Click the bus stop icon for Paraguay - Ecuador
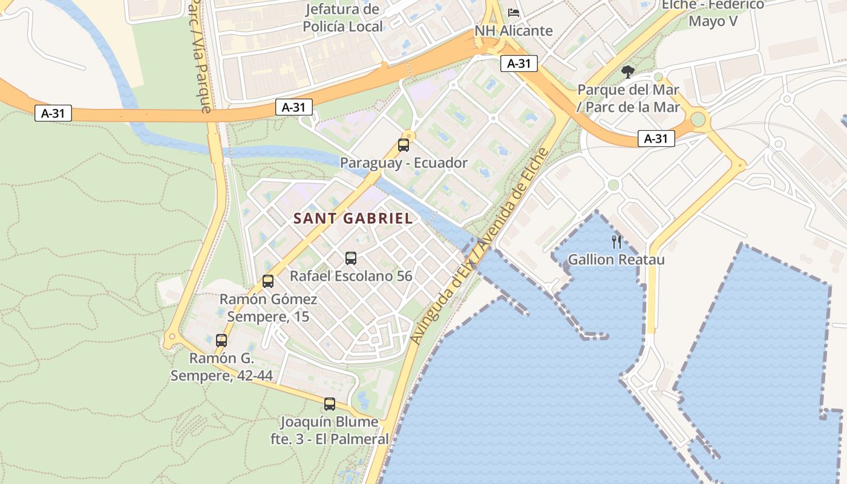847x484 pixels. (x=404, y=145)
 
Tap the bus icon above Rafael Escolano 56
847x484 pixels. (x=351, y=258)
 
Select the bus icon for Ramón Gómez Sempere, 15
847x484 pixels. (x=268, y=281)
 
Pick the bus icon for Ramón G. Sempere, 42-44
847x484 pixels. (x=221, y=341)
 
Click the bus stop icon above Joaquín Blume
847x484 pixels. (x=330, y=404)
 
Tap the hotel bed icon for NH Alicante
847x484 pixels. (x=514, y=13)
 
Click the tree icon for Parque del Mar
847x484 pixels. (x=628, y=72)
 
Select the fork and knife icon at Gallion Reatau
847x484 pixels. (x=616, y=242)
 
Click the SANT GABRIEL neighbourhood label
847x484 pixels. (x=353, y=219)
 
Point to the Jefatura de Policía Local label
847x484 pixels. (x=343, y=18)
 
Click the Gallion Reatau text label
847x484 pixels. (x=616, y=260)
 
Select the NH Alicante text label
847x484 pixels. (x=514, y=31)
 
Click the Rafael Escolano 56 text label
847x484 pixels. (x=351, y=276)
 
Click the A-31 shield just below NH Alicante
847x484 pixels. (x=519, y=64)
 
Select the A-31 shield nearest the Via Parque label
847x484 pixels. (x=294, y=108)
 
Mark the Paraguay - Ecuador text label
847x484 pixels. (x=404, y=163)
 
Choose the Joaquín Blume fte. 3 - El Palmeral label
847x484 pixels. (x=330, y=430)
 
